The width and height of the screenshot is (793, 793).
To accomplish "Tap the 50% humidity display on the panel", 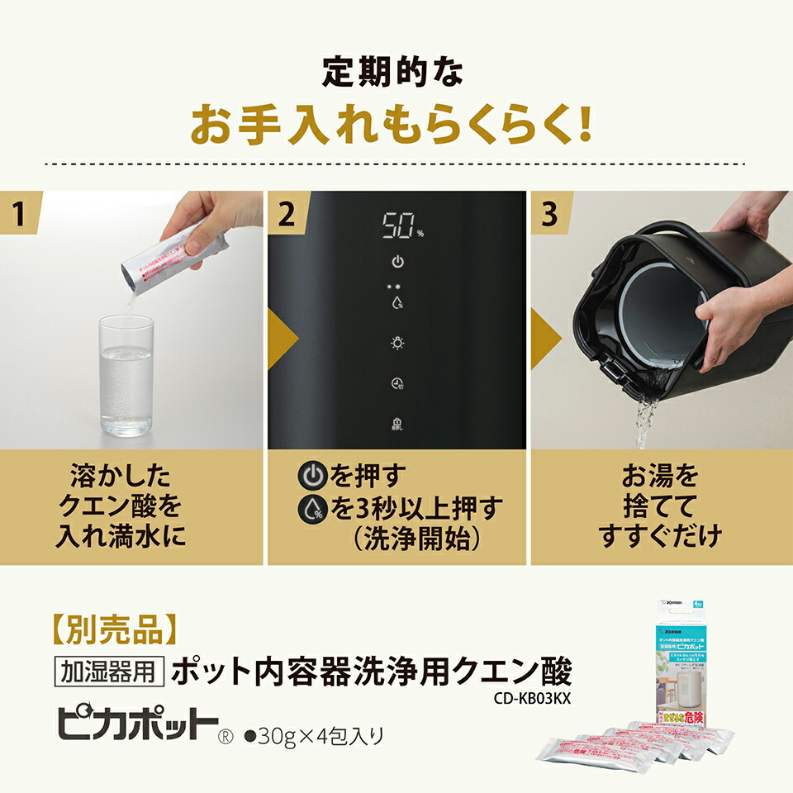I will point(401,226).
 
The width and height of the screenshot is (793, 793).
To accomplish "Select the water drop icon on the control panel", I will point(397,302).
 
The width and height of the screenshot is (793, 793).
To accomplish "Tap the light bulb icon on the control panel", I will point(397,343).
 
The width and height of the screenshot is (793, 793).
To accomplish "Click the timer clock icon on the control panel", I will point(397,384).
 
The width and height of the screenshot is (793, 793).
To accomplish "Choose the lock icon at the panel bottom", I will point(397,425).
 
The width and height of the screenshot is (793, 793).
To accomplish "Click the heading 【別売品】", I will point(116,628).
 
